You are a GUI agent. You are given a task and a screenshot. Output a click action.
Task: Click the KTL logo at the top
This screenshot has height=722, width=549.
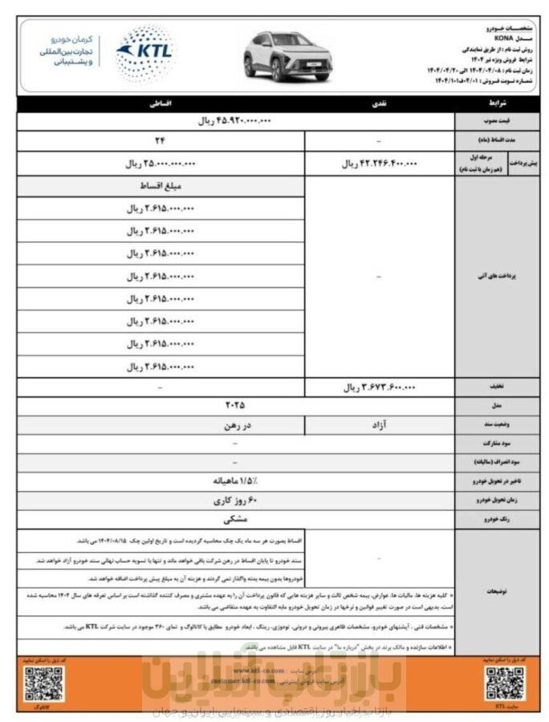(x=144, y=49)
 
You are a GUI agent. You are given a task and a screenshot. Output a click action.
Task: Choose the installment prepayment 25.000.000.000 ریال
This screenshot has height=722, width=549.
(x=160, y=164)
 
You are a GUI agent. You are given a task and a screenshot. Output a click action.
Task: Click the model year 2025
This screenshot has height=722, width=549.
(x=235, y=405)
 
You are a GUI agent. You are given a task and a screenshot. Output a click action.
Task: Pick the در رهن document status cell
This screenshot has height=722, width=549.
(x=160, y=424)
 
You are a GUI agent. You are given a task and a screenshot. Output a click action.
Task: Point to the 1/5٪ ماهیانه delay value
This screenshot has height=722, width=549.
(x=235, y=481)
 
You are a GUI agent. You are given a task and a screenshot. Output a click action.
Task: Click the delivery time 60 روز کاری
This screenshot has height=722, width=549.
(x=235, y=500)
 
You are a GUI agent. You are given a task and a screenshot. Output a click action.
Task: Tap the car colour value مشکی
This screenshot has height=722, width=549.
(x=235, y=518)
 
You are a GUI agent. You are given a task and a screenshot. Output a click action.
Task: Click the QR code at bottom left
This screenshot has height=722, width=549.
(x=43, y=683)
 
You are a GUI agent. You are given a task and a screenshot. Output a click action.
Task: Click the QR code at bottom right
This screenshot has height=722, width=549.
(x=504, y=682)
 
